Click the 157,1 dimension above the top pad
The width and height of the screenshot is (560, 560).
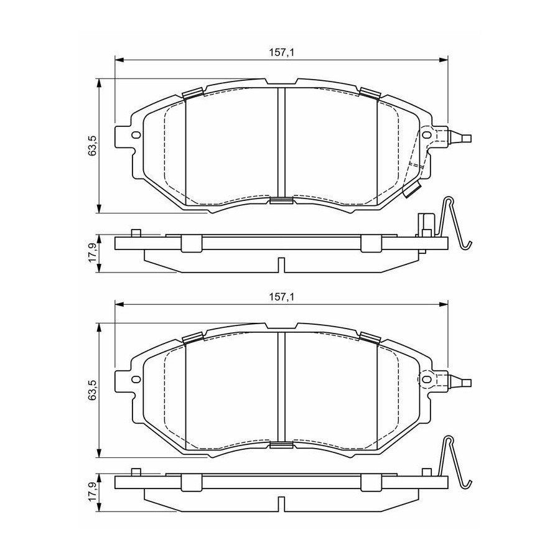pyautogui.click(x=281, y=52)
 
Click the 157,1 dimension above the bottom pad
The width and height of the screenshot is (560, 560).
pyautogui.click(x=281, y=297)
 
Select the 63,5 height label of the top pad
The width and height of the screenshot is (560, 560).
pyautogui.click(x=93, y=146)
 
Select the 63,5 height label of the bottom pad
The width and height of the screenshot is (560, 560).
pyautogui.click(x=93, y=390)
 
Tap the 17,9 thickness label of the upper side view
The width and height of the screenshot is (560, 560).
pyautogui.click(x=93, y=253)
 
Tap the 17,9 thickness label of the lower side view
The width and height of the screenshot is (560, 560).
pyautogui.click(x=93, y=493)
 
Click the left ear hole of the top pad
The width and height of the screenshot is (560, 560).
pyautogui.click(x=136, y=135)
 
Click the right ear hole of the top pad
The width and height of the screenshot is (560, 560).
pyautogui.click(x=427, y=134)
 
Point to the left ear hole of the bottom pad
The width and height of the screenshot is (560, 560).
pyautogui.click(x=136, y=380)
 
